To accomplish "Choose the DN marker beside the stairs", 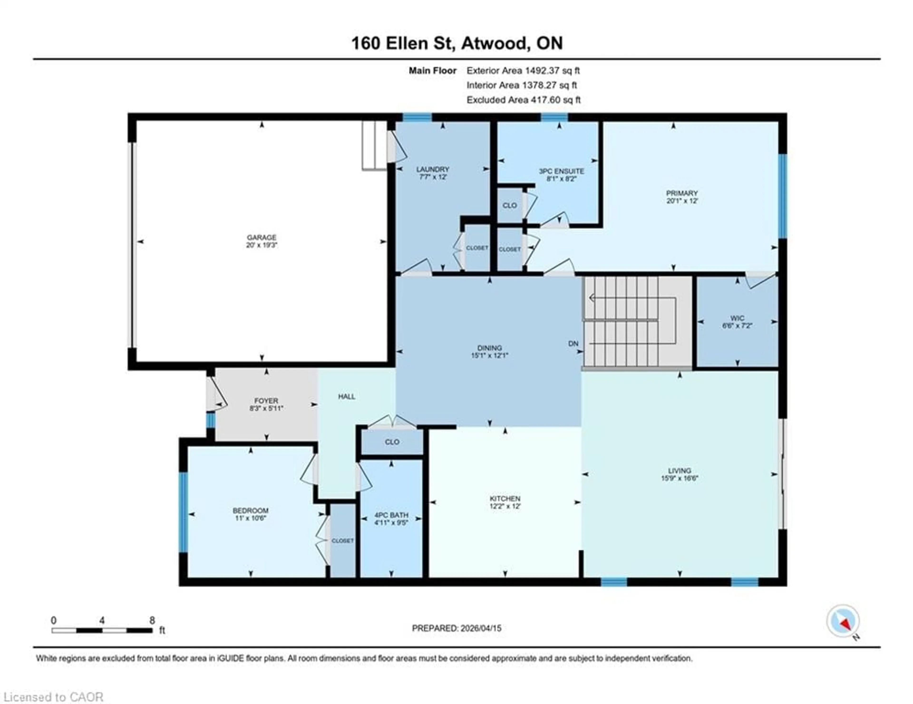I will [573, 344].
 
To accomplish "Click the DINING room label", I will [490, 348].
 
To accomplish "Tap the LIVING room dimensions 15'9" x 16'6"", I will [679, 479].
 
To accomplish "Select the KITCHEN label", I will [505, 499].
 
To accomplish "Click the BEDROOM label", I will [250, 511].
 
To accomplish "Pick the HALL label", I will [347, 397].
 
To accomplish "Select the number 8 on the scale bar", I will [152, 620].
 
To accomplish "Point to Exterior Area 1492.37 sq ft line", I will [523, 71].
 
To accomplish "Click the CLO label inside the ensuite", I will [509, 205].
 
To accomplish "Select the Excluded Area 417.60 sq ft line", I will [523, 100].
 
